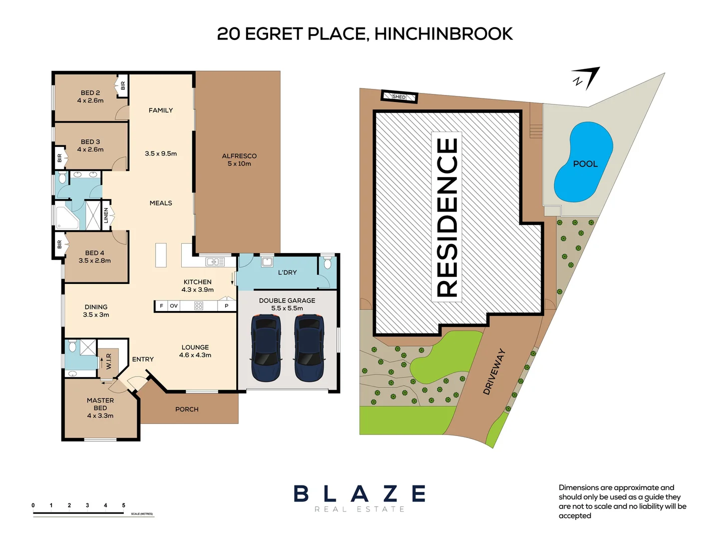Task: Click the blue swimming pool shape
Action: pos(583,162)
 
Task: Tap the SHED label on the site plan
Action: pos(399,96)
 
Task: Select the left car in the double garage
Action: pos(265,347)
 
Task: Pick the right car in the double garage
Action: pos(309,347)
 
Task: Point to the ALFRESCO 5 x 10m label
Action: pos(239,159)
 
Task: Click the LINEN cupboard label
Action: pos(106,215)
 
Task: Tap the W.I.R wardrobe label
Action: pos(109,361)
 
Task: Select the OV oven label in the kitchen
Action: pos(174,306)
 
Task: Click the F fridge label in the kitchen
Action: pos(161,306)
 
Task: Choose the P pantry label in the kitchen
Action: pos(227,306)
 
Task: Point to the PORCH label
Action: pos(187,409)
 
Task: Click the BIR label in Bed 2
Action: pos(123,85)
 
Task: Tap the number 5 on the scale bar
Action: pos(123,505)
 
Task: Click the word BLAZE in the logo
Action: pos(359,493)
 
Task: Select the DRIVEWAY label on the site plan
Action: pos(494,371)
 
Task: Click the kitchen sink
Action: pos(215,262)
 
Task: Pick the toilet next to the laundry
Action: pos(327,262)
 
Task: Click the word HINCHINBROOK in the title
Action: pos(443,34)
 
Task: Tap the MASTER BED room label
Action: pos(100,408)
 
